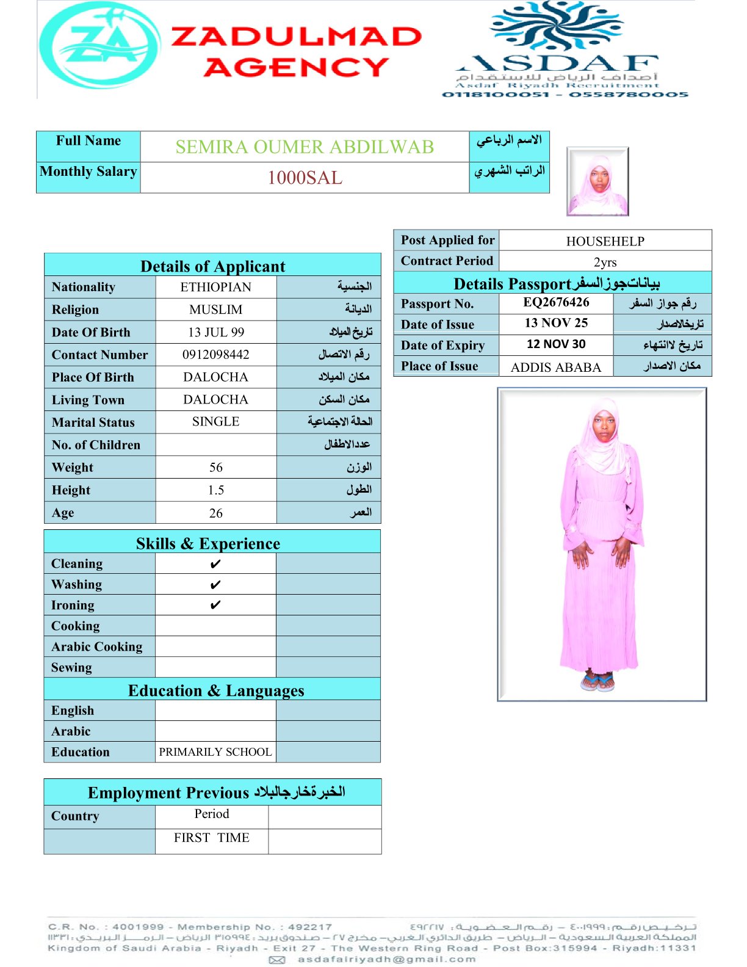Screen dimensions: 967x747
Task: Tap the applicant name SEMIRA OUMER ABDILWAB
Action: point(305,147)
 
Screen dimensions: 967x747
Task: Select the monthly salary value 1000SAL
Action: point(305,178)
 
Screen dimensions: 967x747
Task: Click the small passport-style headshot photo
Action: point(597,181)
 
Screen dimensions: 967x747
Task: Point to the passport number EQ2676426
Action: point(556,302)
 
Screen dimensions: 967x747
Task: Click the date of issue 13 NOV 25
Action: point(556,323)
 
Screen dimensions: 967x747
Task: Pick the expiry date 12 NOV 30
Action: point(556,344)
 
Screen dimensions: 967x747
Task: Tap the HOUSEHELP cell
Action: point(605,241)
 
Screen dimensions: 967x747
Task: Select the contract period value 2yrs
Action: point(605,262)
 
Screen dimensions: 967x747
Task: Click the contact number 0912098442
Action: point(215,355)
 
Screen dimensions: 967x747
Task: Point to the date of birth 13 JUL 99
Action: point(215,332)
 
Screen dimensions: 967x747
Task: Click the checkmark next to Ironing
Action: point(215,605)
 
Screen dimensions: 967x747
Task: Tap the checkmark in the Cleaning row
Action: point(215,564)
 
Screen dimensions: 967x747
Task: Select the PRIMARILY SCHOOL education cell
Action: point(215,752)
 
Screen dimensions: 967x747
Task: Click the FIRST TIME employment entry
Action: point(211,838)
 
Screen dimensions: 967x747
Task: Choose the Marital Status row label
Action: point(93,422)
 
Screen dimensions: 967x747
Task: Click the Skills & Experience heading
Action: point(208,543)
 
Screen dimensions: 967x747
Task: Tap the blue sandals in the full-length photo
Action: point(597,681)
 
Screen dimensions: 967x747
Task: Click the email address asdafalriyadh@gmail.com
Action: point(386,959)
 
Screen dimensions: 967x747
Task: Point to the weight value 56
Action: point(215,468)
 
